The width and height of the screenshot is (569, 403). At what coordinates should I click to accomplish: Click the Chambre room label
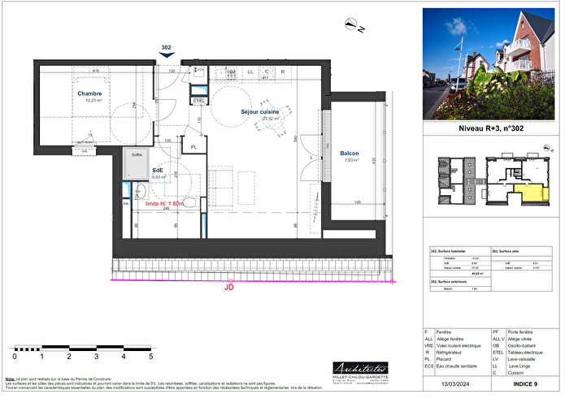pyautogui.click(x=89, y=93)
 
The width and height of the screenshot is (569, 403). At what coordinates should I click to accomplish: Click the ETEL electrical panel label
pyautogui.click(x=198, y=100)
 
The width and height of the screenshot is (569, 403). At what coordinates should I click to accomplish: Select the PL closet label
pyautogui.click(x=193, y=146)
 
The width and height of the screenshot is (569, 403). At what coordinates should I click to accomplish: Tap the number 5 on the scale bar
pyautogui.click(x=150, y=356)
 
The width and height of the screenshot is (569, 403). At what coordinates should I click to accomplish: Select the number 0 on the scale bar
pyautogui.click(x=15, y=356)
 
